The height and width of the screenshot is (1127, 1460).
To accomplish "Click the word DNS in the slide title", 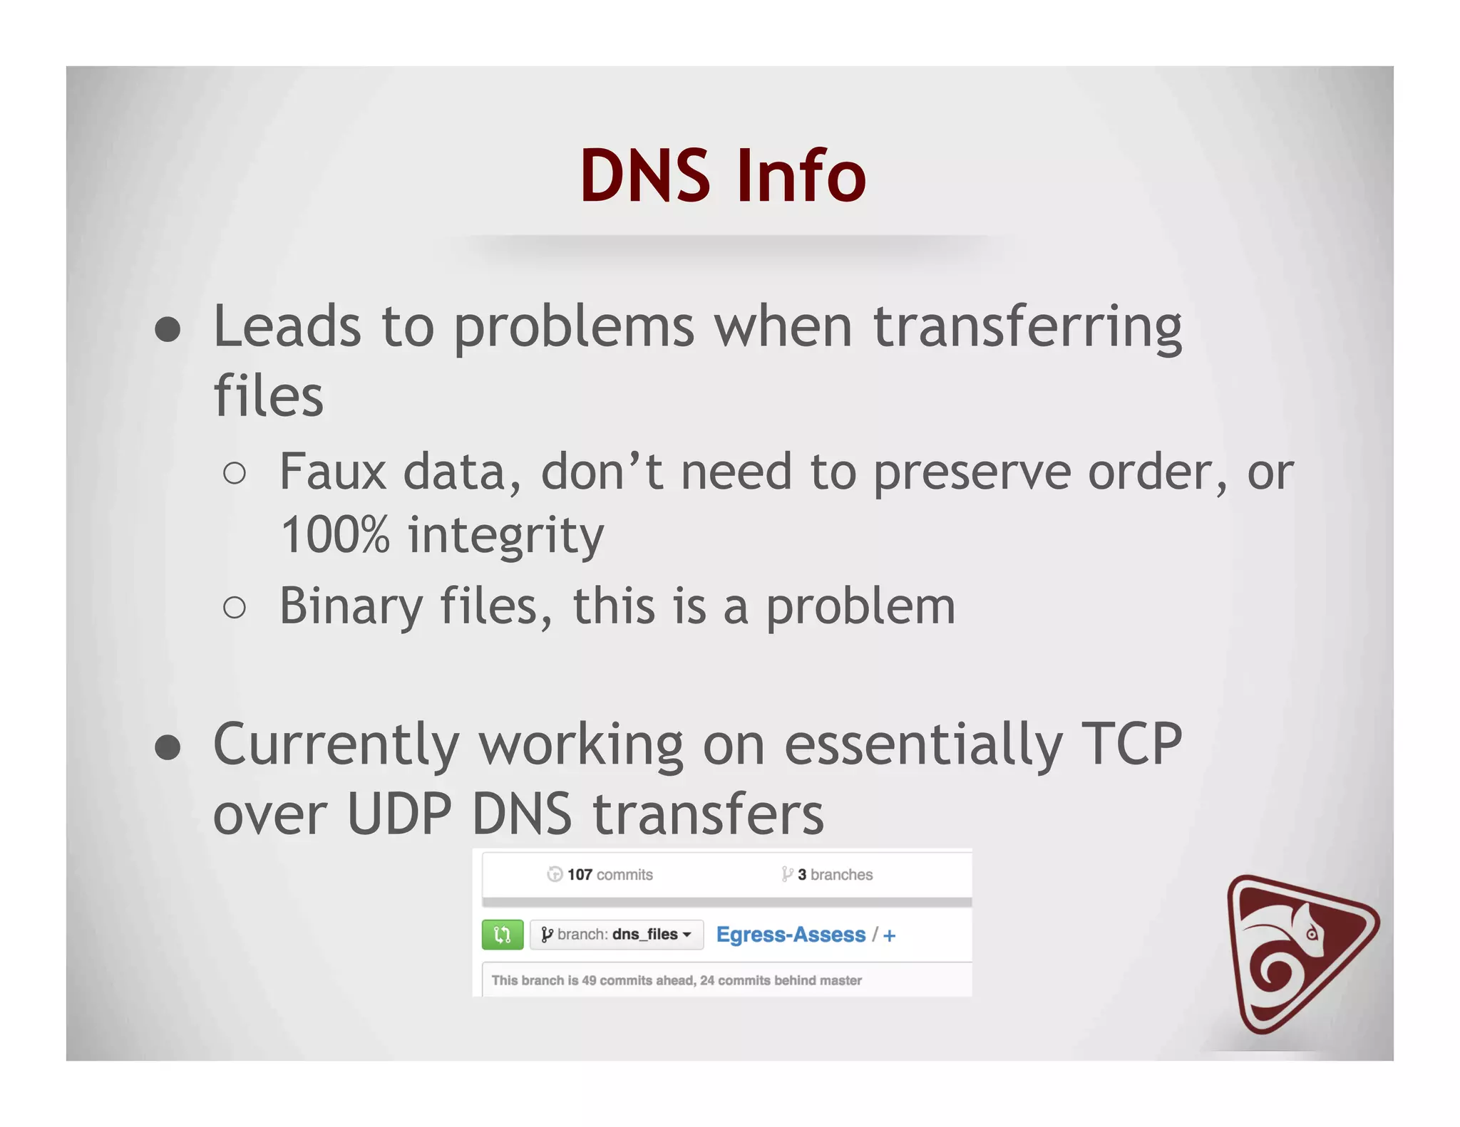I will pyautogui.click(x=645, y=176).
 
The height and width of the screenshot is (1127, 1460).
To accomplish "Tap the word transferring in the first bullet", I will pyautogui.click(x=1027, y=328).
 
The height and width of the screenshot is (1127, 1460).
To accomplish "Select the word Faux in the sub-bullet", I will pyautogui.click(x=332, y=472).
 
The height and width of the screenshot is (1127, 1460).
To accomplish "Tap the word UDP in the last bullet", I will pyautogui.click(x=399, y=814).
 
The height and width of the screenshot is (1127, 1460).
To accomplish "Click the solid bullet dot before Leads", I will pyautogui.click(x=168, y=330).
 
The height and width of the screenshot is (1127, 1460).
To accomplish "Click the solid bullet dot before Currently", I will pyautogui.click(x=168, y=748).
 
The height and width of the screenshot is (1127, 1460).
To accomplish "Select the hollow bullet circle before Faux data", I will pyautogui.click(x=235, y=474).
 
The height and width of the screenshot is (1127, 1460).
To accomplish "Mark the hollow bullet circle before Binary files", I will pyautogui.click(x=235, y=608).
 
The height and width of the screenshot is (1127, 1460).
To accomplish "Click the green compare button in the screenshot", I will pyautogui.click(x=503, y=935).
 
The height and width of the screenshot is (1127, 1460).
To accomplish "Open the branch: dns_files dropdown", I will pyautogui.click(x=617, y=935).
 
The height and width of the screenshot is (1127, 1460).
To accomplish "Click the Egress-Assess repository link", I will pyautogui.click(x=791, y=935).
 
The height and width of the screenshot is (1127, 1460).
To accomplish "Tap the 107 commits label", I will pyautogui.click(x=600, y=874).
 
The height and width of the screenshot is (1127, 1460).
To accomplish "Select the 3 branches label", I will pyautogui.click(x=828, y=874).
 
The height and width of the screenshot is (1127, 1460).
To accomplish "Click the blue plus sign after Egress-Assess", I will pyautogui.click(x=889, y=935).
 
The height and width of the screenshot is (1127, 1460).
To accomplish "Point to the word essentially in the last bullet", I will pyautogui.click(x=923, y=744).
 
